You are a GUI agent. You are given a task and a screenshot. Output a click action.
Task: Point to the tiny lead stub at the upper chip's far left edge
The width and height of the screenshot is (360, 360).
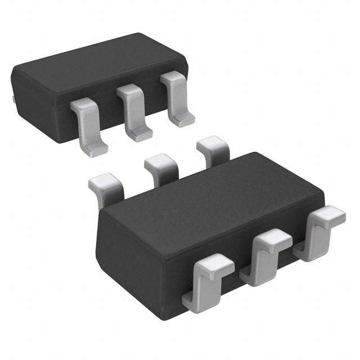point(12,98)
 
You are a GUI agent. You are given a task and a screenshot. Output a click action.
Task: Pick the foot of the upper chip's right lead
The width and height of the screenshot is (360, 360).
point(183,119)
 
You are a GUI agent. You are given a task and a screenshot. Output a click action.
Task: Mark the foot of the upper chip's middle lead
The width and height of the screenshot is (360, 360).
point(139,134)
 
